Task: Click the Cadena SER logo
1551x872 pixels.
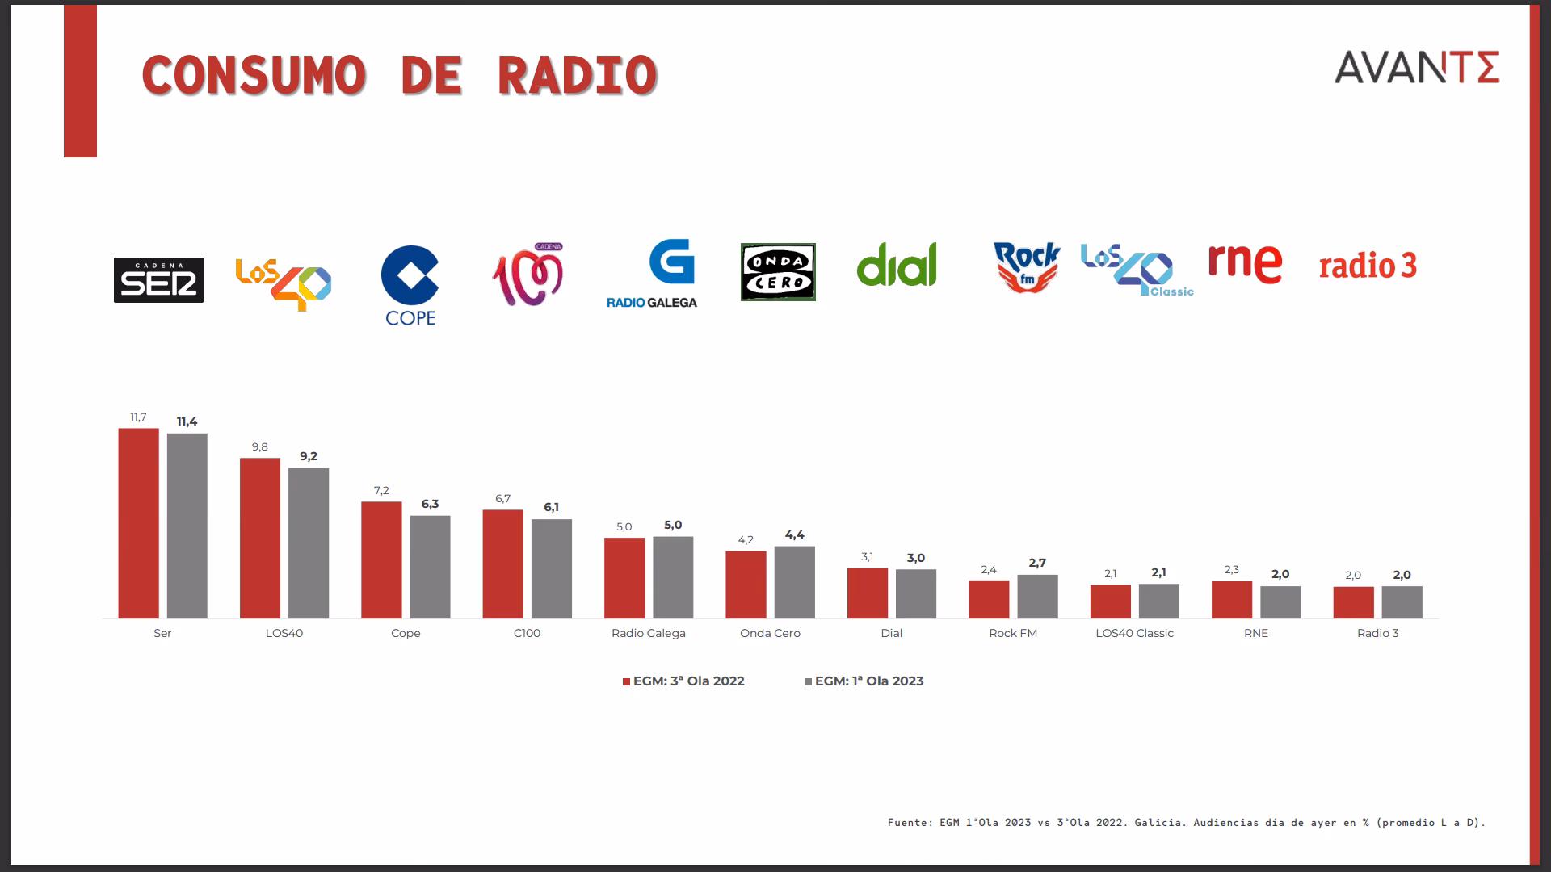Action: pos(158,280)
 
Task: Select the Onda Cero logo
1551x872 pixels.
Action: pos(778,272)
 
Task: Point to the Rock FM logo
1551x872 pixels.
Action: pos(1027,267)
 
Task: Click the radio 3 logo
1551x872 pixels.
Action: pos(1368,266)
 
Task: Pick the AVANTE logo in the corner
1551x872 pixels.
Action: pos(1417,67)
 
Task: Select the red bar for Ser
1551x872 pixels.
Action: pos(138,523)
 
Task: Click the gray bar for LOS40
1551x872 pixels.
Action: pos(309,543)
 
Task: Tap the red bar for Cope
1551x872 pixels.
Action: pos(381,560)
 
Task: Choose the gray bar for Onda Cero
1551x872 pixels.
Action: pos(794,582)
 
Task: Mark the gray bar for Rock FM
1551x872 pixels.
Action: pos(1037,597)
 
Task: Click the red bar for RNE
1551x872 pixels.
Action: pos(1231,600)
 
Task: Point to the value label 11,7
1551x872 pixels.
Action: pos(138,417)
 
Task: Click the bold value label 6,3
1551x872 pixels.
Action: pos(430,504)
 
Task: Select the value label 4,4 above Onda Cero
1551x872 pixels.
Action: pos(794,535)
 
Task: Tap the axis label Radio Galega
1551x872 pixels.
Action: pos(648,633)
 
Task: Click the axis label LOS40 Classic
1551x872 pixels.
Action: pos(1134,633)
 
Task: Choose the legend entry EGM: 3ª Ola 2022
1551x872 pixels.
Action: pos(683,681)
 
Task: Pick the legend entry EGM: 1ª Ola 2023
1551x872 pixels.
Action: pos(864,681)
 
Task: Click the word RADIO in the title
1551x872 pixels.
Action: pos(577,76)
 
